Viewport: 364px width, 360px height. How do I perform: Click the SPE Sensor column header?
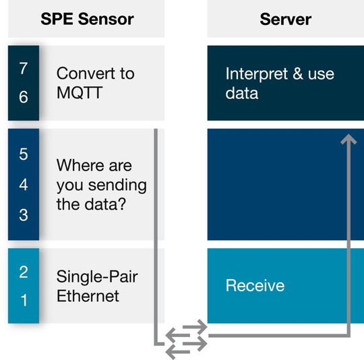(86, 18)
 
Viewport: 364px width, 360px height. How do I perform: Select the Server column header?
(285, 18)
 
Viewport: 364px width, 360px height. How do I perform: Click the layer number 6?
(24, 97)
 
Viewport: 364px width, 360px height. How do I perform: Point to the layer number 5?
(24, 154)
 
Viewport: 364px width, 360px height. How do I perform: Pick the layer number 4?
(24, 184)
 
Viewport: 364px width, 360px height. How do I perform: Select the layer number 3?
(24, 214)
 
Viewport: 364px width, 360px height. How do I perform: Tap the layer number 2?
(24, 272)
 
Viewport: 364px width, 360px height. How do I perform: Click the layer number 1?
(24, 301)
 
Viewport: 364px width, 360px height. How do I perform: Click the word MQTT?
(80, 93)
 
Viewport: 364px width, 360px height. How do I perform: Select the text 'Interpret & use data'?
(279, 83)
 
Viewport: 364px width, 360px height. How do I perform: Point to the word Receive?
(255, 285)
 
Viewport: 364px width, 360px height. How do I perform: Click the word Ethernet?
(88, 295)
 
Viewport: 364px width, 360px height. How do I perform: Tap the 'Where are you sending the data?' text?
(101, 185)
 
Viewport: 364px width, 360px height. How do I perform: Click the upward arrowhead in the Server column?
(348, 140)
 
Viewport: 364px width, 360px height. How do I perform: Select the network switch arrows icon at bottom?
(187, 340)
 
